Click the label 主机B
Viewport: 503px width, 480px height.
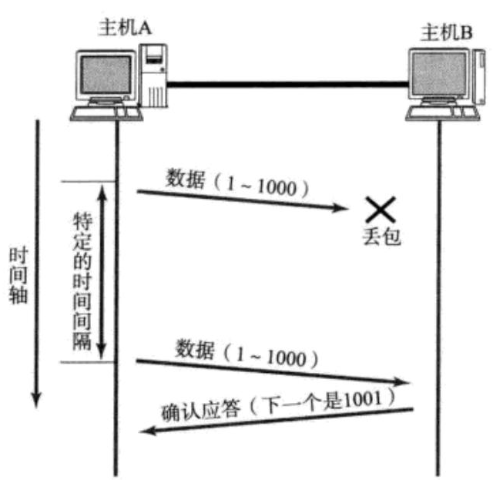click(448, 32)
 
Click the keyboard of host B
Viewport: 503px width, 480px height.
click(442, 114)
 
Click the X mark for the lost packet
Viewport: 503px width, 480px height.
click(381, 207)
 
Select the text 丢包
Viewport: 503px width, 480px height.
click(383, 237)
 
